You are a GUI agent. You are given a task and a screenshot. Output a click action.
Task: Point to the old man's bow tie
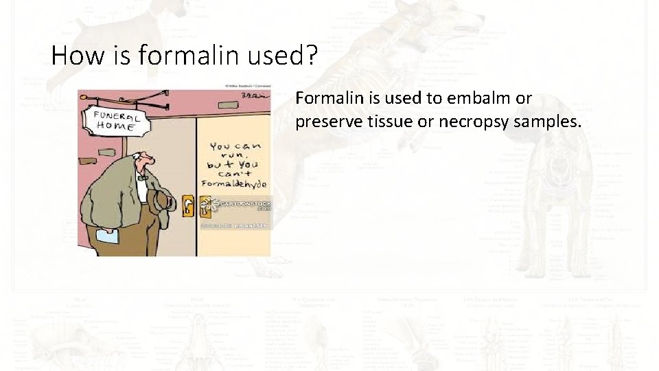[x=142, y=177]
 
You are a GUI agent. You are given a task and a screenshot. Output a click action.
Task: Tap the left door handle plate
[x=188, y=205]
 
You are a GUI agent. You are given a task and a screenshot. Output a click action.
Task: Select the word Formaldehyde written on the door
[x=233, y=184]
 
